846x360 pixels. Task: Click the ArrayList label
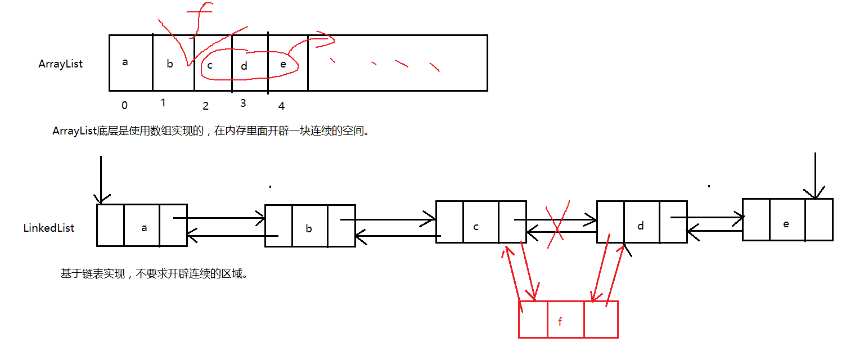point(60,64)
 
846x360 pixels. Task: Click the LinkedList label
point(49,228)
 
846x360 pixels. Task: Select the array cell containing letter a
point(130,62)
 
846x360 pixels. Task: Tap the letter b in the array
point(170,64)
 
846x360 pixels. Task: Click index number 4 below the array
point(281,106)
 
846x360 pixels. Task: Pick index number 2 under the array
point(205,106)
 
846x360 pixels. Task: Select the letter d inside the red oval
point(244,66)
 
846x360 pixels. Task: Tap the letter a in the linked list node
point(144,228)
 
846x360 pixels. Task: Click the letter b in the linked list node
point(309,228)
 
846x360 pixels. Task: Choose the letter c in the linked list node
point(476,227)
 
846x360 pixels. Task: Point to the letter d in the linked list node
point(640,226)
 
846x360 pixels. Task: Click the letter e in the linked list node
point(786,223)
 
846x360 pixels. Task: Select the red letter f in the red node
point(560,322)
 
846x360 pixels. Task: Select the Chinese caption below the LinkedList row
point(154,274)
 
